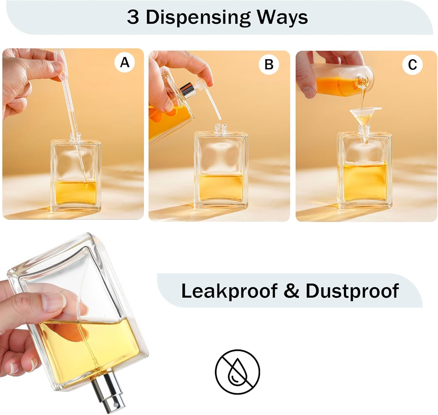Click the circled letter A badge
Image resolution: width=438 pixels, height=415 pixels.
[125, 62]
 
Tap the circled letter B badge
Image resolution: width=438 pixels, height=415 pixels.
[269, 64]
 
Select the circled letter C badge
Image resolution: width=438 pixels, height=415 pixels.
[412, 64]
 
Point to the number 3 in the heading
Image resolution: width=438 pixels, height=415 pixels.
[133, 18]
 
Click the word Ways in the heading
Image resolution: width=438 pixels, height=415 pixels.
[282, 18]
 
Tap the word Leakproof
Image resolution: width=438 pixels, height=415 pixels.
[229, 291]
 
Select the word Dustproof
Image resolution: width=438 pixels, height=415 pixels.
[352, 291]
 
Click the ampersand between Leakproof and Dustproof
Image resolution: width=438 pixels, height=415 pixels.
[291, 291]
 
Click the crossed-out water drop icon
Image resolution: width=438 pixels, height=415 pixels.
[237, 372]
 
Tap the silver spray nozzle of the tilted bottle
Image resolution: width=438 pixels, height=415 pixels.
[109, 392]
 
